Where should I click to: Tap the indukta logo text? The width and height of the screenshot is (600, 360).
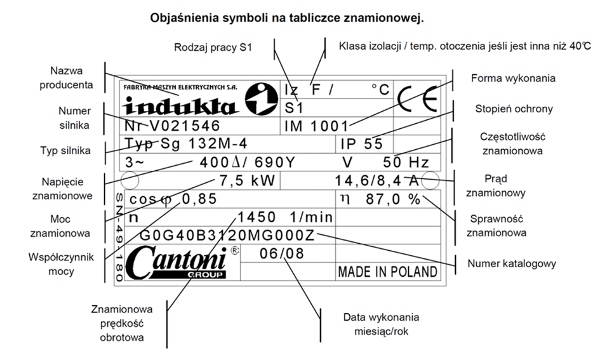coord(181,104)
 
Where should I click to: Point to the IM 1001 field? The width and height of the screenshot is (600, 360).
coord(317,126)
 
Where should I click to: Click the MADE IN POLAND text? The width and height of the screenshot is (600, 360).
coord(387,272)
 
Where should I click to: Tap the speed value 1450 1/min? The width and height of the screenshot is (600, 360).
coord(285,218)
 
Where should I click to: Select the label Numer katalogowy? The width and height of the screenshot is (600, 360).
coord(512,263)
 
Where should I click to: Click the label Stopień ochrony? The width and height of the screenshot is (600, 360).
coord(514,109)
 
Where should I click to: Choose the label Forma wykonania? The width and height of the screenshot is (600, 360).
coord(514,78)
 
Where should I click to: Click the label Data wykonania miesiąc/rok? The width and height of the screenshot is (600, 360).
coord(380,324)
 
